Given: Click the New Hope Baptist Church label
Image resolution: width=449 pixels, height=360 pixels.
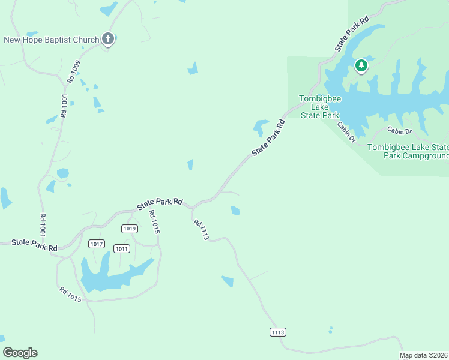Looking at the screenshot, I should (x=52, y=40).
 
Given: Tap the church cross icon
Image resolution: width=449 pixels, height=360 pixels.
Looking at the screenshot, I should (x=108, y=40).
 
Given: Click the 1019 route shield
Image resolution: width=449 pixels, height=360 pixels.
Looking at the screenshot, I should (x=129, y=229).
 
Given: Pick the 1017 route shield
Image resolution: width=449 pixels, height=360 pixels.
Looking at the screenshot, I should (x=96, y=244).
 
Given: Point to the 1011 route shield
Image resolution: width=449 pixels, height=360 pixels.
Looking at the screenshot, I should (x=122, y=248).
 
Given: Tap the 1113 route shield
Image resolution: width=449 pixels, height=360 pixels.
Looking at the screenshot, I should (x=277, y=332).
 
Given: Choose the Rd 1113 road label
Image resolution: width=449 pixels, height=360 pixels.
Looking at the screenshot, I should (x=201, y=230).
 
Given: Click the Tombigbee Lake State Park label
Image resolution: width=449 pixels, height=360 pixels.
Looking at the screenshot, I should (x=319, y=107).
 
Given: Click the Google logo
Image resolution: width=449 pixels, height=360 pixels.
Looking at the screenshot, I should (x=20, y=353).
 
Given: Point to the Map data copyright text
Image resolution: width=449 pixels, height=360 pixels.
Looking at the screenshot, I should (x=424, y=355).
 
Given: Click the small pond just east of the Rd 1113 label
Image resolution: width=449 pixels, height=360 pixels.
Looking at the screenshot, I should (x=235, y=211).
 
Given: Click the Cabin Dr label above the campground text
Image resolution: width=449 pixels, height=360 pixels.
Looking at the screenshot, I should (x=399, y=131).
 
